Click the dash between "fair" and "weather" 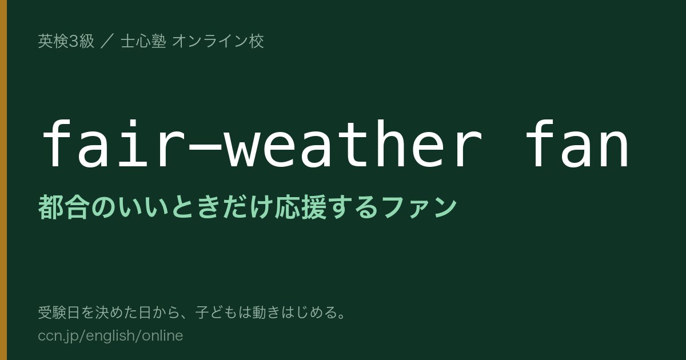205,150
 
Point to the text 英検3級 66,41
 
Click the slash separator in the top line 107,41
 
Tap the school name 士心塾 143,41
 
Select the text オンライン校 218,41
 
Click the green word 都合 63,207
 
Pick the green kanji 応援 301,207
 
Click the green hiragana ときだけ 222,207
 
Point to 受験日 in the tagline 59,313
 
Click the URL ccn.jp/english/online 110,336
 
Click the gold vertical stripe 3,180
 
